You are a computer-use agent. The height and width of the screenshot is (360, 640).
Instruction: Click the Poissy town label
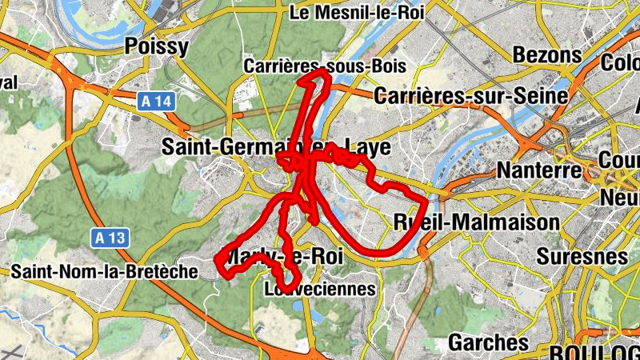[x=157, y=46]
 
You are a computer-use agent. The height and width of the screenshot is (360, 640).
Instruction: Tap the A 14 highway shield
[x=155, y=102]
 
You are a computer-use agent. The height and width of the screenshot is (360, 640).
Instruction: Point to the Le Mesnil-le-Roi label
[x=357, y=12]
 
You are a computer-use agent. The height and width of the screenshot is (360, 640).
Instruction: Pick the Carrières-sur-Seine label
[x=471, y=96]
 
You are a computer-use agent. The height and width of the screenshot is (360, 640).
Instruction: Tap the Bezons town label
[x=547, y=55]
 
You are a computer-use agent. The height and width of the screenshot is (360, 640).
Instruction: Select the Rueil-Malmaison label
[x=477, y=222]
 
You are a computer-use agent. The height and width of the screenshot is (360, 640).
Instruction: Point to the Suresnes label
[x=582, y=257]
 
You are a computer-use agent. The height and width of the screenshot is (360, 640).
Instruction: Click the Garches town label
[x=489, y=342]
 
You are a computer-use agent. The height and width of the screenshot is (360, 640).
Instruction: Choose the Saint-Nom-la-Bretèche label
[x=104, y=272]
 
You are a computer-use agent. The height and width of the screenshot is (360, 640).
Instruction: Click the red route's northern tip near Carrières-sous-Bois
[x=322, y=71]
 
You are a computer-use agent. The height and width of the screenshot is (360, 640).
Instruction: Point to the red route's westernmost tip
[x=218, y=258]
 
